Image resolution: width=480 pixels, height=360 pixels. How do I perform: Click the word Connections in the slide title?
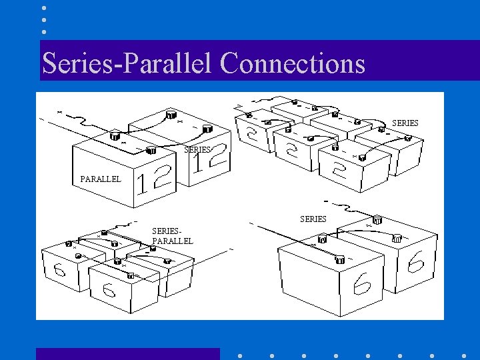pos(292,63)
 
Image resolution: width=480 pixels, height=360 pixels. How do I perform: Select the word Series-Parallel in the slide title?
pos(127,63)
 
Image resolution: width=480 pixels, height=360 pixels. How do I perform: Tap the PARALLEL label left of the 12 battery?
pos(101,179)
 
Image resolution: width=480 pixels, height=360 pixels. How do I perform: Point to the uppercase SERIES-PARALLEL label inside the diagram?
pos(172,235)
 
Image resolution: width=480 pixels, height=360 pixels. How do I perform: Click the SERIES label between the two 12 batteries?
pos(197,150)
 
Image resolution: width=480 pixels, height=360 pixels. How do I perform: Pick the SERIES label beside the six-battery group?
pos(405,123)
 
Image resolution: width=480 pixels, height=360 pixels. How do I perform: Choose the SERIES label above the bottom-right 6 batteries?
pos(313,219)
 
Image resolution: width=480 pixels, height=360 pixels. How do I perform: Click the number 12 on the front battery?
pos(153,181)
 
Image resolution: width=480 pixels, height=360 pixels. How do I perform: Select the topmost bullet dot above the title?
pos(44,8)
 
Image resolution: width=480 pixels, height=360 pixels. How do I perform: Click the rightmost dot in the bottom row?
pos(464,356)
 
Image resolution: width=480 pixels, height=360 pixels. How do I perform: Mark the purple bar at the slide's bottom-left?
pos(127,353)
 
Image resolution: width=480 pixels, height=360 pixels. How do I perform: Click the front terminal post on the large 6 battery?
pos(340,260)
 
